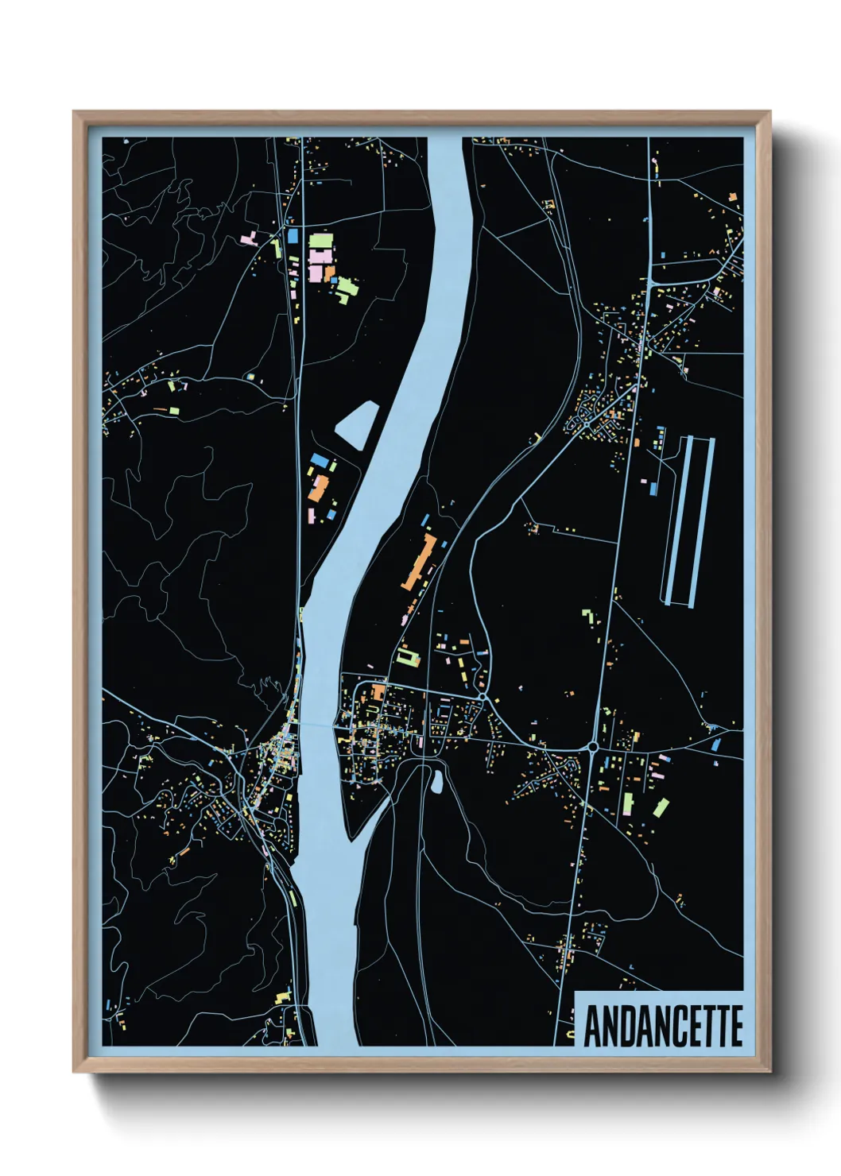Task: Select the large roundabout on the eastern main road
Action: [x=593, y=746]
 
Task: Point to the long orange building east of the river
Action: [x=418, y=563]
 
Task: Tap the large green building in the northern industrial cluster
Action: [x=320, y=240]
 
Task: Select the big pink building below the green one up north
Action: [x=318, y=263]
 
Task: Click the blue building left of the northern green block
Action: [x=292, y=236]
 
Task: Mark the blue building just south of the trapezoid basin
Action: [x=319, y=460]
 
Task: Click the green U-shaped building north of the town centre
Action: [x=408, y=658]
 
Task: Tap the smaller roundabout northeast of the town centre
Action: [x=483, y=697]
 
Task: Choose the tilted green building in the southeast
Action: [x=661, y=808]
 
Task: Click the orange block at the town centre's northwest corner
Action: [x=378, y=691]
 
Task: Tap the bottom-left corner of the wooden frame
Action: [x=75, y=1071]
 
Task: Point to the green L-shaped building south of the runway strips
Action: [x=588, y=616]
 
